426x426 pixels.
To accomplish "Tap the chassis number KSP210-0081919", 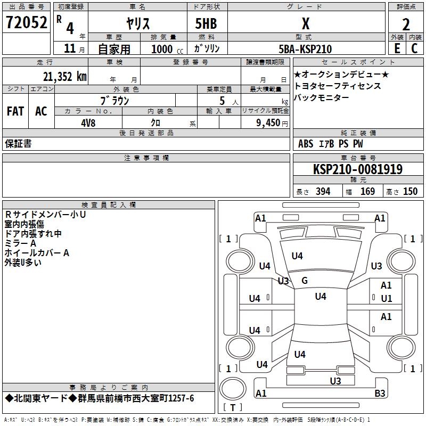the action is pyautogui.click(x=357, y=169).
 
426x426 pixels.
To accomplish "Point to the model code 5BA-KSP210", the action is pyautogui.click(x=306, y=49).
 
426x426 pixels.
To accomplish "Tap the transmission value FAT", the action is pyautogui.click(x=15, y=111).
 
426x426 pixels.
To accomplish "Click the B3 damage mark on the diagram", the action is pyautogui.click(x=380, y=394).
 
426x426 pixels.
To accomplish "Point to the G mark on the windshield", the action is pyautogui.click(x=305, y=280).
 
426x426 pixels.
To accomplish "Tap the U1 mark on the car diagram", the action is pyautogui.click(x=386, y=298).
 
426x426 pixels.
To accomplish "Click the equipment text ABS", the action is pyautogui.click(x=306, y=144).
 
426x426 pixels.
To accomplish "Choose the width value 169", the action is pyautogui.click(x=367, y=192).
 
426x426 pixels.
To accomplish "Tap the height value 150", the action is pyautogui.click(x=410, y=192).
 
